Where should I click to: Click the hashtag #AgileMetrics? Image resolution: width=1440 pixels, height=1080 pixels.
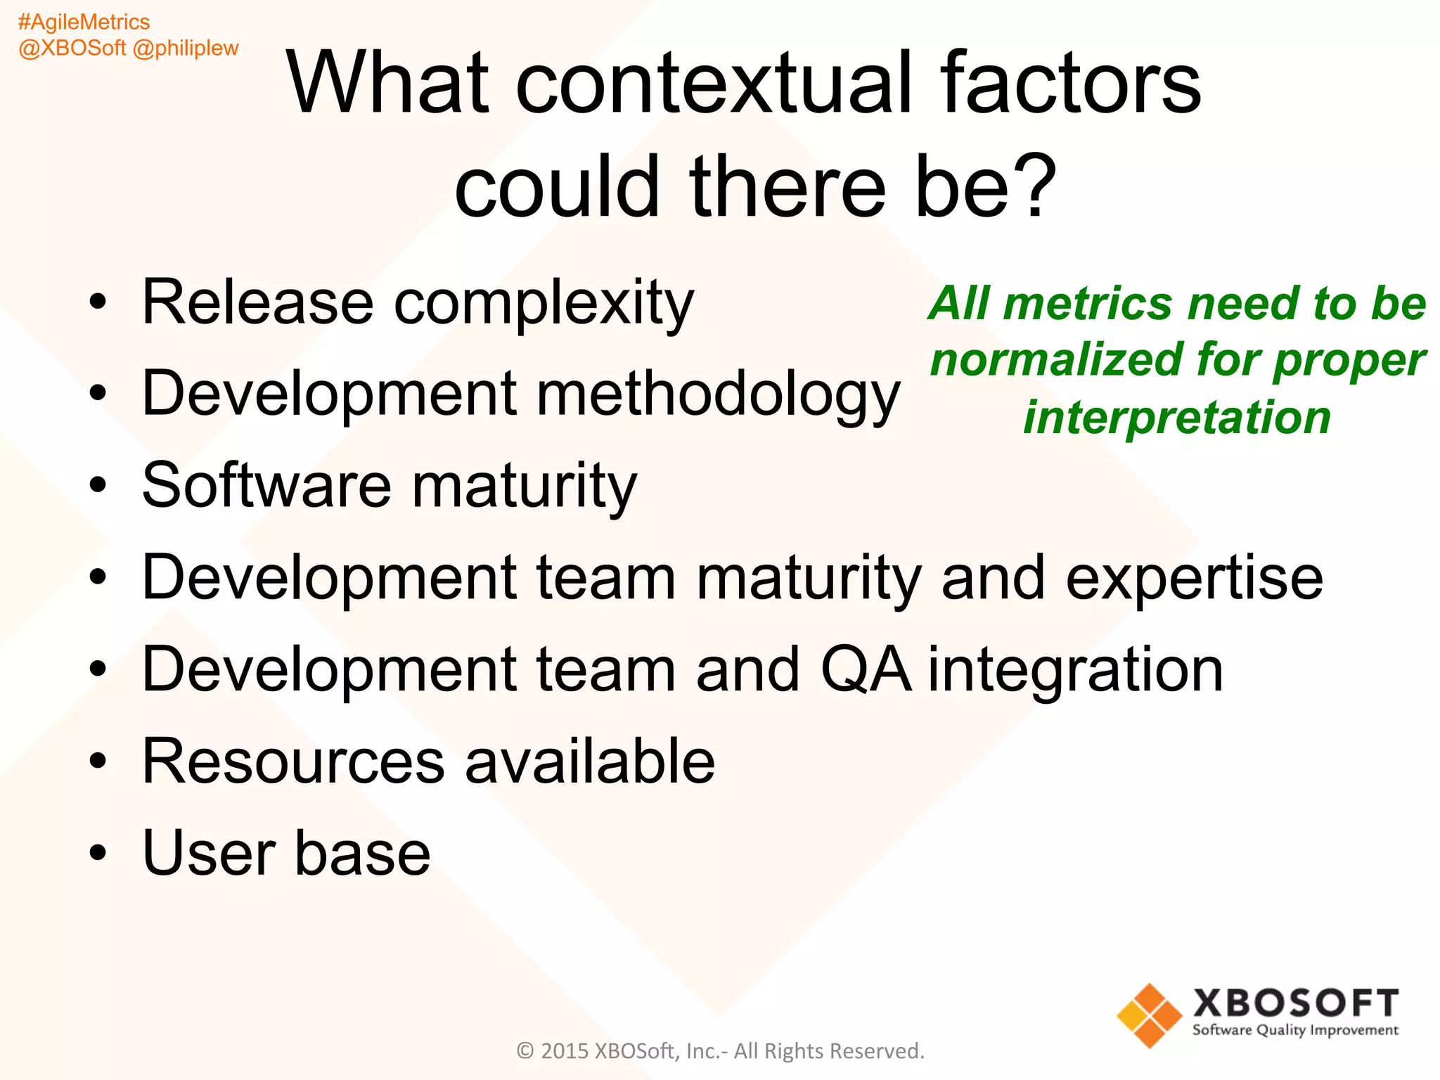point(84,22)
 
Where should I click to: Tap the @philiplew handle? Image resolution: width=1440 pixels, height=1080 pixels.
point(186,49)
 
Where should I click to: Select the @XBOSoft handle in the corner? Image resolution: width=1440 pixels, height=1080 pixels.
point(72,49)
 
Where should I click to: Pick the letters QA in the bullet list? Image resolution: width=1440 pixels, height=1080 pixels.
point(866,669)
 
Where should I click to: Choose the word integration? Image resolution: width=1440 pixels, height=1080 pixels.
point(1076,671)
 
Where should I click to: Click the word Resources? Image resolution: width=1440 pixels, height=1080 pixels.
point(293,761)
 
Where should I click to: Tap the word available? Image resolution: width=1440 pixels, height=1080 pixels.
point(590,761)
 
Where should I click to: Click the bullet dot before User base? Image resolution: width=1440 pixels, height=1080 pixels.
point(98,854)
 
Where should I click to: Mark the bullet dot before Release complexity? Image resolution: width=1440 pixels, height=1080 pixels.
point(98,303)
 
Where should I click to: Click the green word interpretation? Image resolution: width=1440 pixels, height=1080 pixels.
point(1177,418)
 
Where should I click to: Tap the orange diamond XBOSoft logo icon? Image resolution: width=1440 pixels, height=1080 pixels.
point(1149,1015)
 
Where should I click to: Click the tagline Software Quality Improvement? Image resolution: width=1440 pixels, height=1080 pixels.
point(1295,1030)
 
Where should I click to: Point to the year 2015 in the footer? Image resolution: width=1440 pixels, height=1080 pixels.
point(564,1051)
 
